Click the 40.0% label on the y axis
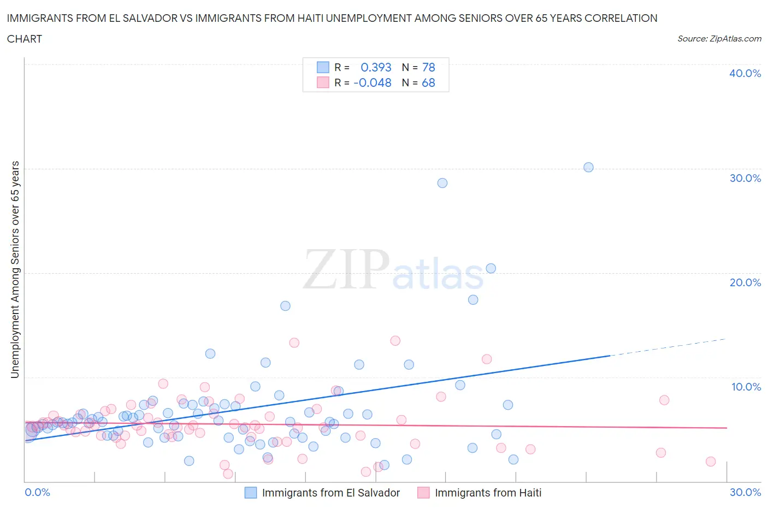pos(745,73)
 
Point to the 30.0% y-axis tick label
pos(745,178)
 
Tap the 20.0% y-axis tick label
pos(745,282)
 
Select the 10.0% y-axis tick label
pos(746,387)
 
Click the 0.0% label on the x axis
pos(38,492)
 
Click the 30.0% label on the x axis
pos(745,492)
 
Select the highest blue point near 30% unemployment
pos(588,167)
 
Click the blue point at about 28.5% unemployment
pos(442,183)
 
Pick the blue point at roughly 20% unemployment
pos(491,268)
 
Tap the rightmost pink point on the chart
pos(711,462)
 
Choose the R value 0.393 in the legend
pos(376,67)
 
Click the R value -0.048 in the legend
pos(373,82)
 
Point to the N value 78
pos(428,67)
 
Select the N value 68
pos(428,82)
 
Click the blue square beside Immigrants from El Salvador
pos(251,493)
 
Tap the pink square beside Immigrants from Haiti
pos(423,493)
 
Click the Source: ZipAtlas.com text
pos(719,38)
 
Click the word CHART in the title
pos(25,39)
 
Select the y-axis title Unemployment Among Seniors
pos(15,269)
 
